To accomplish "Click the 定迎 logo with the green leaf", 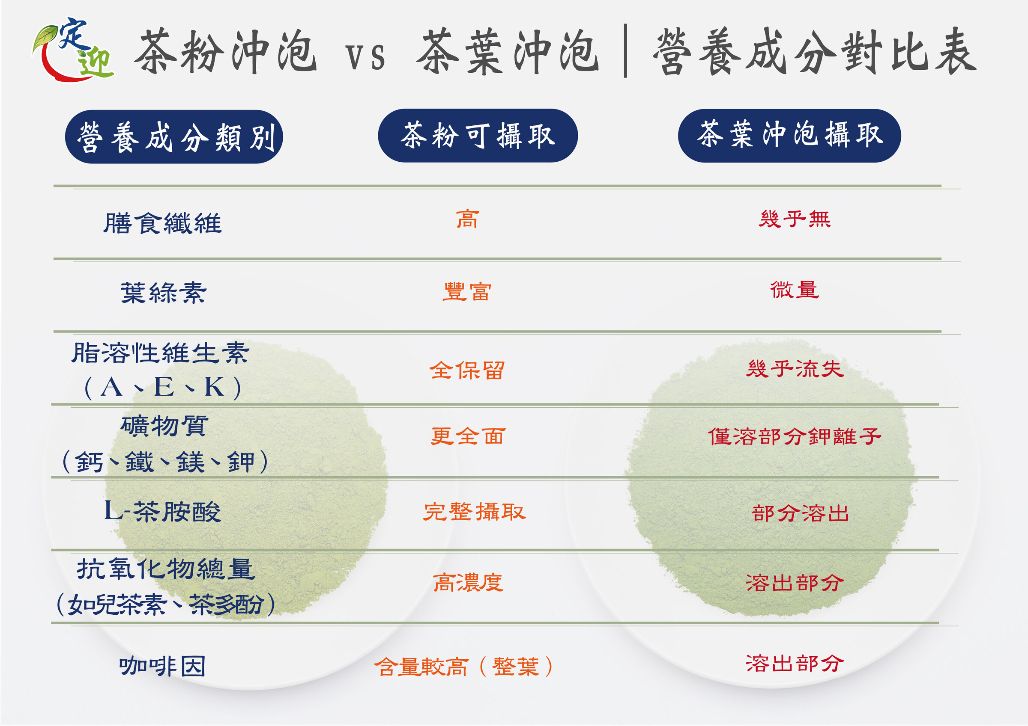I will tap(73, 50).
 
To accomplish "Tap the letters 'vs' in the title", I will tap(365, 57).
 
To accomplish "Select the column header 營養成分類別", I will tap(174, 137).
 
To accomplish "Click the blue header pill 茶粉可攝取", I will tap(477, 136).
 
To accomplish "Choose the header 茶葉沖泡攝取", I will tap(789, 136).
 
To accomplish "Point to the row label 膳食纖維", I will tap(162, 223).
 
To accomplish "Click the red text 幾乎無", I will tap(794, 219).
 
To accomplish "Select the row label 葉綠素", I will tap(164, 293).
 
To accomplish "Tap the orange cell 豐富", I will tap(467, 292).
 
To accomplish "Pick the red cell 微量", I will tap(794, 290).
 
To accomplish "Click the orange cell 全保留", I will tap(467, 370).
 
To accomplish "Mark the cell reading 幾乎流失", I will tap(794, 369).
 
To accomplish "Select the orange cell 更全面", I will tap(468, 436).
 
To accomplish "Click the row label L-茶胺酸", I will tap(162, 511).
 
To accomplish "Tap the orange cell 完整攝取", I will tap(474, 512).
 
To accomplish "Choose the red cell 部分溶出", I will tap(800, 513).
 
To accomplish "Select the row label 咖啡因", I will tap(162, 667).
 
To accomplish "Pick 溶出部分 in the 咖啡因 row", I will tap(794, 664).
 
